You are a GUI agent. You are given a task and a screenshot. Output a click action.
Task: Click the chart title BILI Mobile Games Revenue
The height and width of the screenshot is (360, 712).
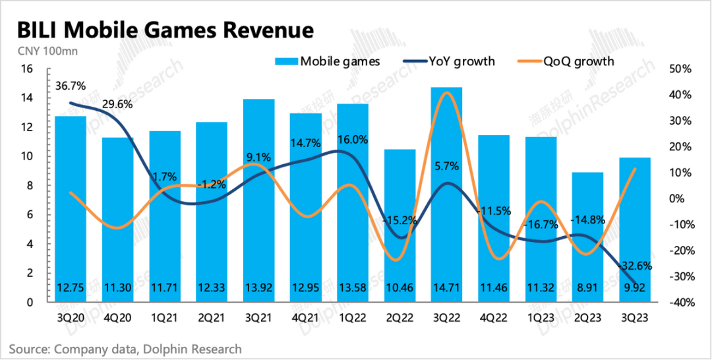pyautogui.click(x=164, y=30)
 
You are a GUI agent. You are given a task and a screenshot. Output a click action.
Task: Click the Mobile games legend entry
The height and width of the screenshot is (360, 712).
pyautogui.click(x=328, y=61)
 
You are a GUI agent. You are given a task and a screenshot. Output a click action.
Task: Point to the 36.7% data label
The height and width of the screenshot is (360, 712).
pyautogui.click(x=70, y=86)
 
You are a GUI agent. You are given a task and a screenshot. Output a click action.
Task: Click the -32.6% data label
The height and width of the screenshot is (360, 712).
pyautogui.click(x=634, y=266)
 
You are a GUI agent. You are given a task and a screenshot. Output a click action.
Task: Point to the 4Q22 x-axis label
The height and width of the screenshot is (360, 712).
pyautogui.click(x=493, y=317)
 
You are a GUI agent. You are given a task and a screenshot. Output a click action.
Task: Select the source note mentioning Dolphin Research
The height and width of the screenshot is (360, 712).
pyautogui.click(x=125, y=349)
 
